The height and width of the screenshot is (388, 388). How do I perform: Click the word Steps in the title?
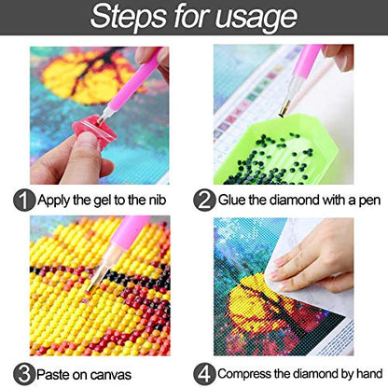pyautogui.click(x=129, y=16)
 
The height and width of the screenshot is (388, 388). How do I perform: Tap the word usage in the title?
pyautogui.click(x=256, y=18)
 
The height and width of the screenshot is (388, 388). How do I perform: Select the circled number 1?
pyautogui.click(x=24, y=201)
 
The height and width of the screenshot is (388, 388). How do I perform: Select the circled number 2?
pyautogui.click(x=204, y=201)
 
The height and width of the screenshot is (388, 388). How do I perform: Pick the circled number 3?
pyautogui.click(x=24, y=375)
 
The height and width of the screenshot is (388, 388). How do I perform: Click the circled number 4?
pyautogui.click(x=204, y=375)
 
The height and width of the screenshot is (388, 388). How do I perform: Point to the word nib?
pyautogui.click(x=158, y=200)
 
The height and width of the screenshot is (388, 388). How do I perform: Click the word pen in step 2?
pyautogui.click(x=369, y=201)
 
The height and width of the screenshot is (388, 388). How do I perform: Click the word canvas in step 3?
pyautogui.click(x=111, y=376)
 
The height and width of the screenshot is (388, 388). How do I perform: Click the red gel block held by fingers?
pyautogui.click(x=94, y=131)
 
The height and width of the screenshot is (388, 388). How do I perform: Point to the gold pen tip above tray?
pyautogui.click(x=284, y=110)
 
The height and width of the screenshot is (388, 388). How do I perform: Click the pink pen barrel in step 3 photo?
pyautogui.click(x=128, y=232)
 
